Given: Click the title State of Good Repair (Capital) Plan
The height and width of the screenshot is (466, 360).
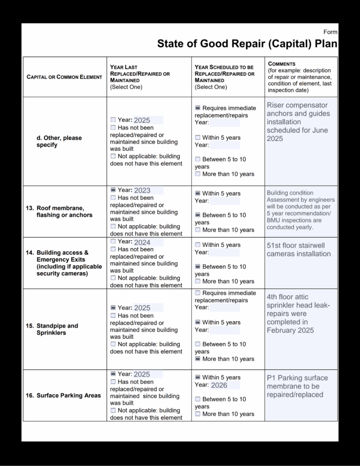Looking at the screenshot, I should click(247, 44).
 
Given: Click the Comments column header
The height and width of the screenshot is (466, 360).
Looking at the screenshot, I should click(282, 64).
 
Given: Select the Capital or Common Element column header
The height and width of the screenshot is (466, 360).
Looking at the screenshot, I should click(64, 77).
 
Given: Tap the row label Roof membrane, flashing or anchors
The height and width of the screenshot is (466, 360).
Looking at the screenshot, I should click(64, 212).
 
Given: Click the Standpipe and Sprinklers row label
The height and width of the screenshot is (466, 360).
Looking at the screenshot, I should click(57, 329).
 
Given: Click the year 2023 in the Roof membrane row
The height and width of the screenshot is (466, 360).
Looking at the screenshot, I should click(142, 190).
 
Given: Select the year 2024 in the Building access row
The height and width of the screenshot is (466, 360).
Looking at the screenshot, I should click(142, 242).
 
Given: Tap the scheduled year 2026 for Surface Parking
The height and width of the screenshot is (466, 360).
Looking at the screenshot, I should click(219, 385).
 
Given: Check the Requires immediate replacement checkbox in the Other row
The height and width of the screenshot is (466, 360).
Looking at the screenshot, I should click(198, 108).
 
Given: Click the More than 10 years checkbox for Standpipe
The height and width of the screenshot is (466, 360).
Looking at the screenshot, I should click(198, 359).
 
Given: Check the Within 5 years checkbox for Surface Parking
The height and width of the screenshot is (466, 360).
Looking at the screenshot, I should click(198, 377).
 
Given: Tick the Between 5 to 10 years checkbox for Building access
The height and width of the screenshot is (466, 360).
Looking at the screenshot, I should click(198, 267).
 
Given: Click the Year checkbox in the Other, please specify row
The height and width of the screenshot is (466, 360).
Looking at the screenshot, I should click(113, 120).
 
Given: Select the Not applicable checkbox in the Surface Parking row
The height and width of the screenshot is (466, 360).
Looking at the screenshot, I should click(113, 410).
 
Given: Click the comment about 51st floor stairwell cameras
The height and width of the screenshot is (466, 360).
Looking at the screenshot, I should click(299, 249).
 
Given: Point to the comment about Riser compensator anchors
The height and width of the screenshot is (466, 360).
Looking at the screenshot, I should click(298, 122).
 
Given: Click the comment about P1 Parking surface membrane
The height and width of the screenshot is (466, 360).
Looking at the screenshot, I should click(297, 386).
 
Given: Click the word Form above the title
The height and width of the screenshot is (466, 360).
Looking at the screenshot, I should click(330, 32).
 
